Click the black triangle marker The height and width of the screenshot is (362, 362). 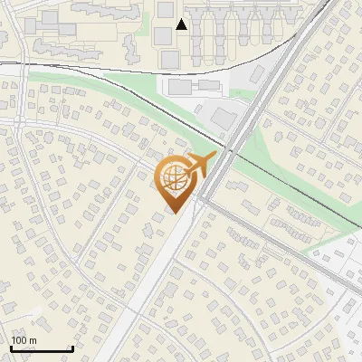click(x=182, y=24)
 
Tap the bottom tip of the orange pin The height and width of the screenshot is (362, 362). click(x=173, y=213)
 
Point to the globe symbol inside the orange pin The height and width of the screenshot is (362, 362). click(x=173, y=178)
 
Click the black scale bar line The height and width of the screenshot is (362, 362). click(x=42, y=349)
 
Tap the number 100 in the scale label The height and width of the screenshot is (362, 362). click(x=19, y=340)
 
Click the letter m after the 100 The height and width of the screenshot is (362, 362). click(x=33, y=340)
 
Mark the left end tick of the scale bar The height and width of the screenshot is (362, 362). click(x=11, y=348)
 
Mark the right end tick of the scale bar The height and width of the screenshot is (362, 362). click(x=72, y=348)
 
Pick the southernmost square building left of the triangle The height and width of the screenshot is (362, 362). click(x=168, y=59)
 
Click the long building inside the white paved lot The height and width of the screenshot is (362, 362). click(x=178, y=87)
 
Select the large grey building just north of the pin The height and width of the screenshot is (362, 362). click(x=224, y=117)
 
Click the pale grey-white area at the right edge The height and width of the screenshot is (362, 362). click(x=348, y=262)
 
